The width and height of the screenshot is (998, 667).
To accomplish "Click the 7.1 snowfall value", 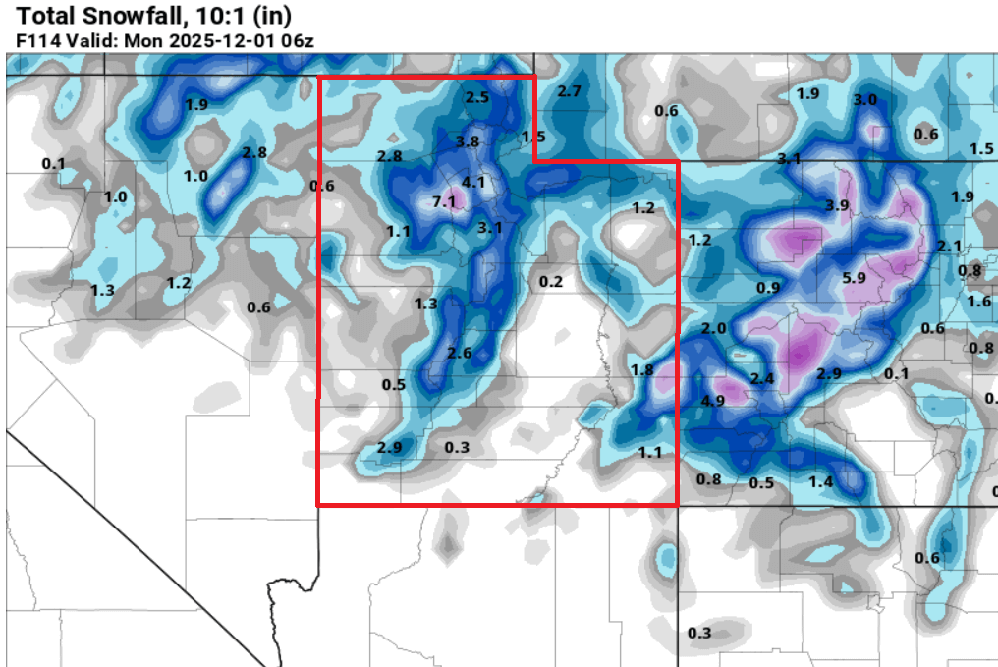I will [445, 201].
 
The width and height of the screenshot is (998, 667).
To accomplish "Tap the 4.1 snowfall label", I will [473, 182].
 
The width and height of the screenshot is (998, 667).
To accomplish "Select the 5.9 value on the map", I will [855, 278].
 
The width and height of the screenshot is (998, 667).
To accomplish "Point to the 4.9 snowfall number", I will [713, 400].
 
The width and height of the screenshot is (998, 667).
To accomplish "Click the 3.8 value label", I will [468, 141].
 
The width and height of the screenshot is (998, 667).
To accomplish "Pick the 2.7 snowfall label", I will [570, 91].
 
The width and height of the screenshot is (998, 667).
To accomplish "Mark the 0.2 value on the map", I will [551, 282].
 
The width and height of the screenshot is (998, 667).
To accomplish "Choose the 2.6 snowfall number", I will [459, 354].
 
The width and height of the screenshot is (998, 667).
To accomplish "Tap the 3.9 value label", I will [837, 205].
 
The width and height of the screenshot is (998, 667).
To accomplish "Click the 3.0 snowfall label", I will [864, 100].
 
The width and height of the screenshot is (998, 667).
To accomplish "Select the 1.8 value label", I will [641, 370].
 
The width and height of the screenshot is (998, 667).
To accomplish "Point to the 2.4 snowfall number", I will [762, 378].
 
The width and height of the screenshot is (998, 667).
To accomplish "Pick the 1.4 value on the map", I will [821, 481].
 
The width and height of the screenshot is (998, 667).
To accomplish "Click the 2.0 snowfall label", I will [714, 328].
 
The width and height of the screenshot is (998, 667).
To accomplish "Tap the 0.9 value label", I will [768, 288].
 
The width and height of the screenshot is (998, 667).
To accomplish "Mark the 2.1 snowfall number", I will [949, 246].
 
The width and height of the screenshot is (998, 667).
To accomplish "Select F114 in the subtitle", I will [36, 41].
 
